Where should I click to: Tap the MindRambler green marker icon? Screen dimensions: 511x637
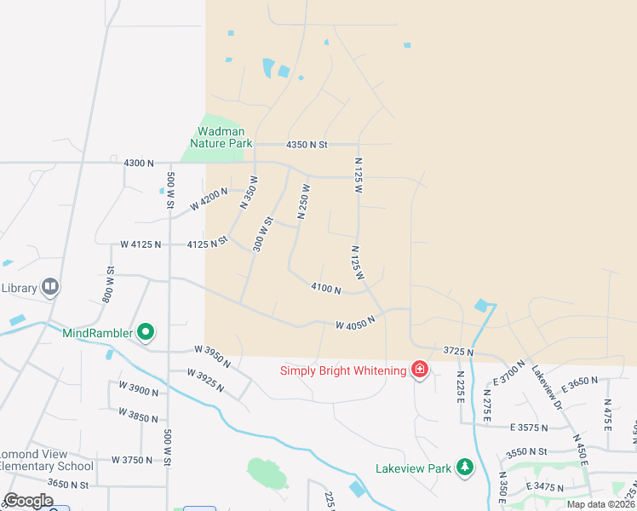click(146, 332)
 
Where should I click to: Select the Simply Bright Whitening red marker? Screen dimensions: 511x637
click(419, 370)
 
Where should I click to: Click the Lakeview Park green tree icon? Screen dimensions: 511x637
click(464, 467)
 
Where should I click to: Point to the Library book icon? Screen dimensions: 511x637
click(50, 288)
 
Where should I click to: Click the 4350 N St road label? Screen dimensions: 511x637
click(307, 145)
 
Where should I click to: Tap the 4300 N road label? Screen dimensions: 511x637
click(139, 162)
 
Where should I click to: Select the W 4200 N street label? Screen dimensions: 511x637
click(209, 198)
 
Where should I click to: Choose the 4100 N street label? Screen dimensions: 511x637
click(326, 290)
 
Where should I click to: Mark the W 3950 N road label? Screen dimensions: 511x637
click(213, 355)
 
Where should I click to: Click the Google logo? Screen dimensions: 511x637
click(29, 501)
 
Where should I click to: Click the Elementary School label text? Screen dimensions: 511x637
click(47, 466)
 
